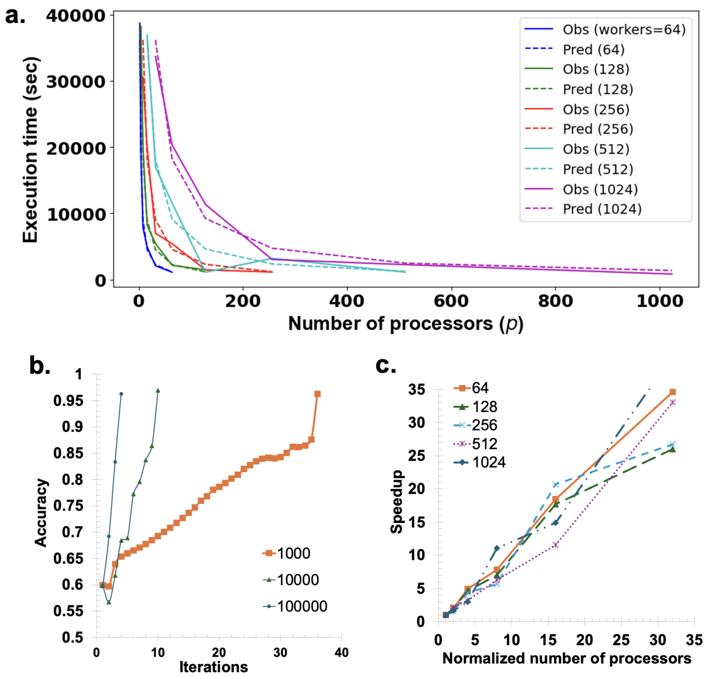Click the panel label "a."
click(15, 16)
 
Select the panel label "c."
click(386, 365)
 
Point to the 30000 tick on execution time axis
click(76, 82)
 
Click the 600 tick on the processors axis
click(451, 301)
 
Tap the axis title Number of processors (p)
click(405, 324)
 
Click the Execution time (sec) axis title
click(31, 149)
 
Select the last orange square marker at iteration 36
click(317, 394)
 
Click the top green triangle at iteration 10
click(158, 391)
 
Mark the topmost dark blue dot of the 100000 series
click(121, 394)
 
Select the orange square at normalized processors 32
click(672, 392)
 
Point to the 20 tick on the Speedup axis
click(417, 489)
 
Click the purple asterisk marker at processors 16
click(556, 545)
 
